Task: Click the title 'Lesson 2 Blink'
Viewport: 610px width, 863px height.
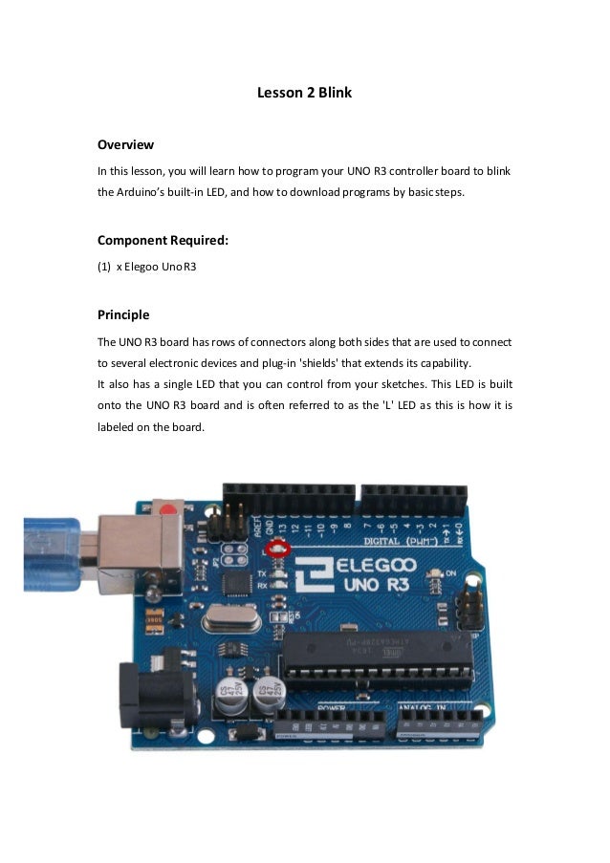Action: pyautogui.click(x=305, y=94)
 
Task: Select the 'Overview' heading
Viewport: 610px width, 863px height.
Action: pyautogui.click(x=125, y=145)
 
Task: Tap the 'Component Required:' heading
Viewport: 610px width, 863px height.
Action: pyautogui.click(x=163, y=240)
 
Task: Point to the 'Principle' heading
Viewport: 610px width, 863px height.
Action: pyautogui.click(x=123, y=314)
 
